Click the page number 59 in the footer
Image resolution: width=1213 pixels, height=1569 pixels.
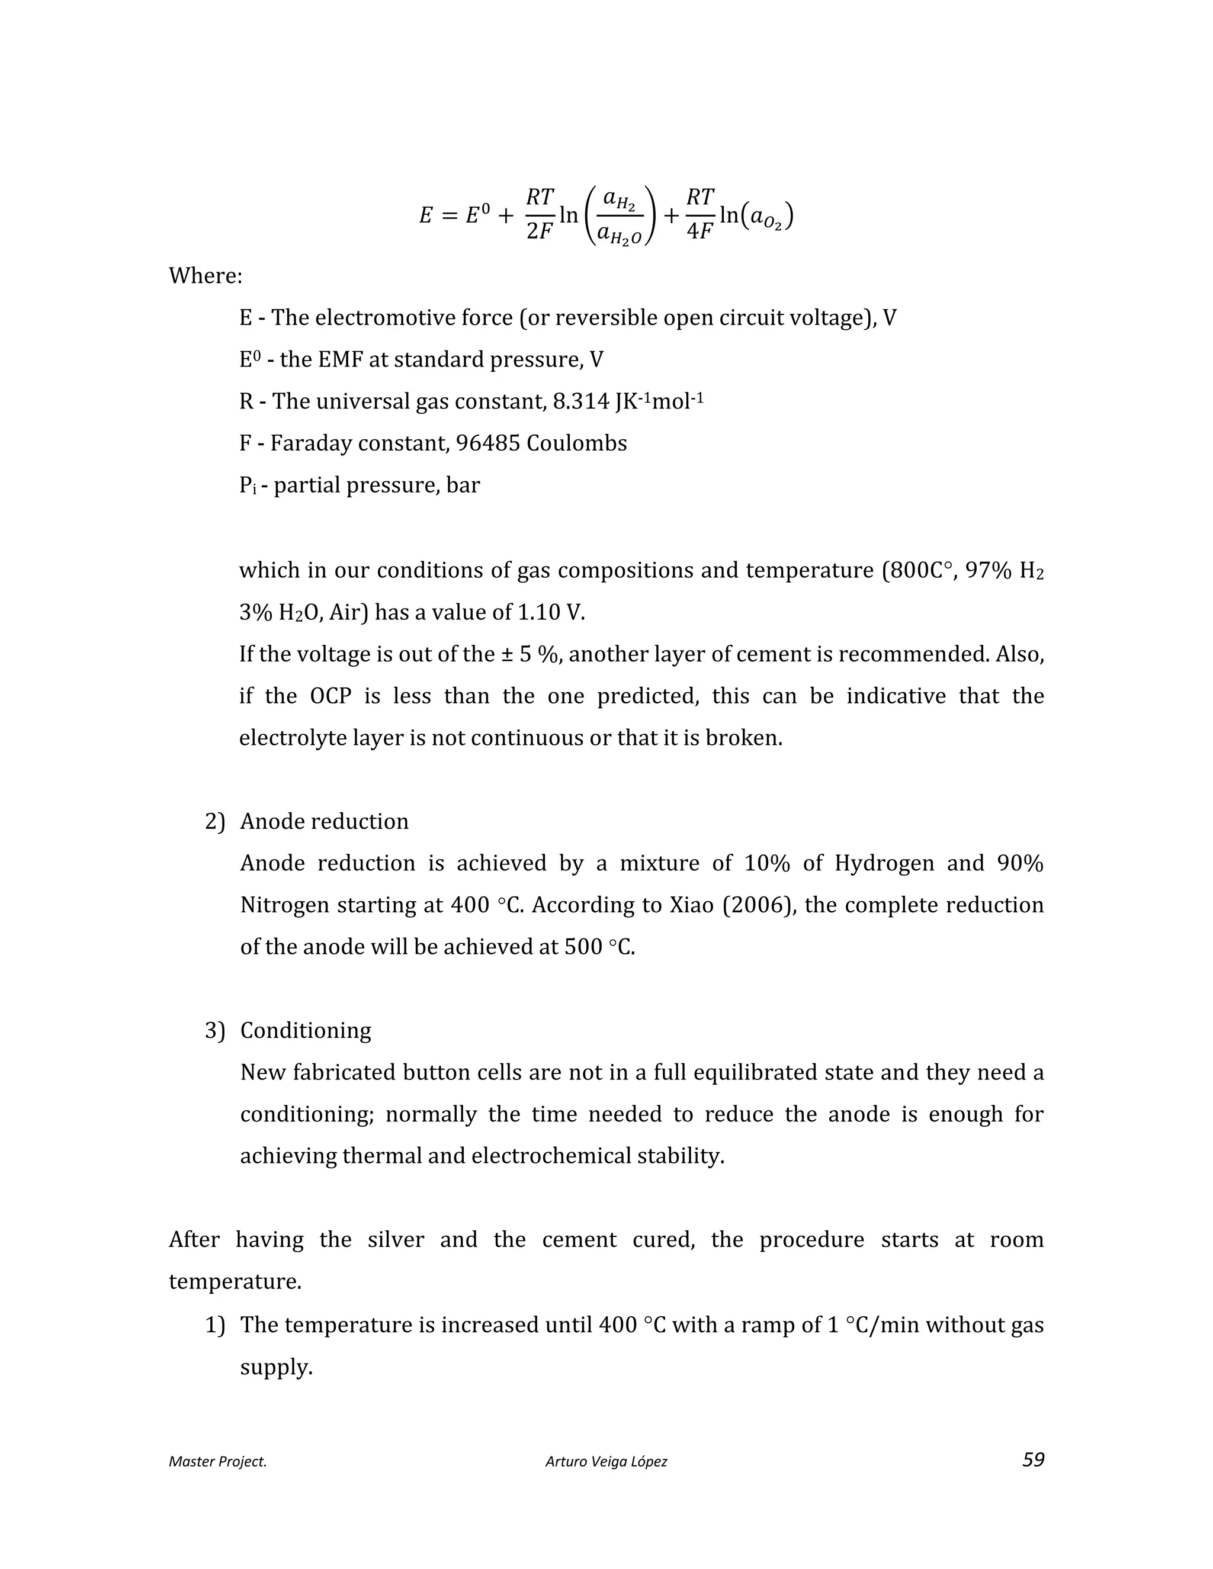[x=1032, y=1459]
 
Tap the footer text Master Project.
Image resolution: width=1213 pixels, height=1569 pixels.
[x=218, y=1461]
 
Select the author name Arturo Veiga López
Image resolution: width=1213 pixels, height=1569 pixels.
[x=606, y=1461]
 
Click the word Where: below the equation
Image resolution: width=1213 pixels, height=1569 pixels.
[x=206, y=276]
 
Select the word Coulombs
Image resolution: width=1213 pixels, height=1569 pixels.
[x=576, y=443]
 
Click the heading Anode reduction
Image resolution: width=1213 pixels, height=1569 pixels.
[x=324, y=821]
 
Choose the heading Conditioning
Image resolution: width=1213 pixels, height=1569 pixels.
[x=306, y=1030]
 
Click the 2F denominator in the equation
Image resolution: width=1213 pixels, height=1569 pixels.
[x=539, y=232]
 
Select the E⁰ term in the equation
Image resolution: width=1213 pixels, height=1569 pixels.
[x=477, y=215]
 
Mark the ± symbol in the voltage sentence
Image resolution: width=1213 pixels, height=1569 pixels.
[x=505, y=654]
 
